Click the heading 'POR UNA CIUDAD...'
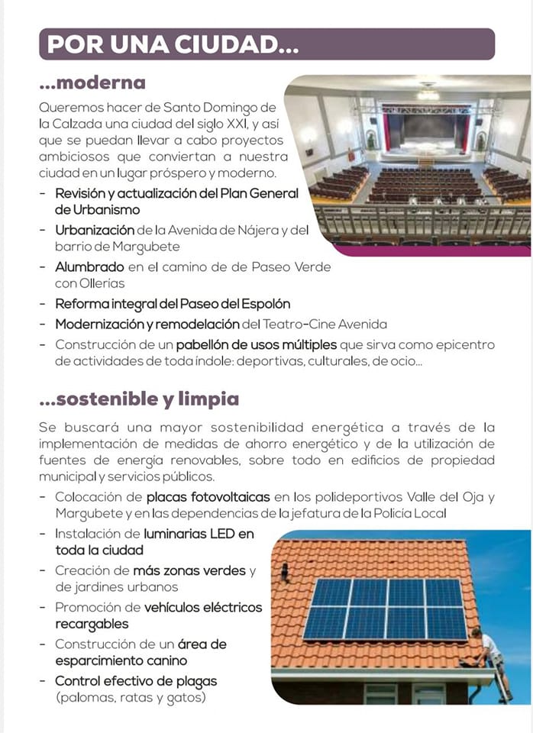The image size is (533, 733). click(173, 44)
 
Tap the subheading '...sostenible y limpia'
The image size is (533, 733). click(138, 399)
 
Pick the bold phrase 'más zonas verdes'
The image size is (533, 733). click(189, 570)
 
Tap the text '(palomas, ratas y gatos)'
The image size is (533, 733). click(131, 696)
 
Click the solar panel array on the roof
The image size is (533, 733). click(386, 608)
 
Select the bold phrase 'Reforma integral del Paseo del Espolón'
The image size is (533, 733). click(173, 303)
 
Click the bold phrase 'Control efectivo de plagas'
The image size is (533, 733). click(136, 680)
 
